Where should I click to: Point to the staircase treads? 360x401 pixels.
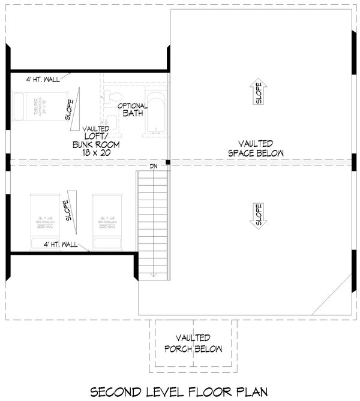[154, 222]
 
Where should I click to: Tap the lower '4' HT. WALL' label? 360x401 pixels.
[61, 245]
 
